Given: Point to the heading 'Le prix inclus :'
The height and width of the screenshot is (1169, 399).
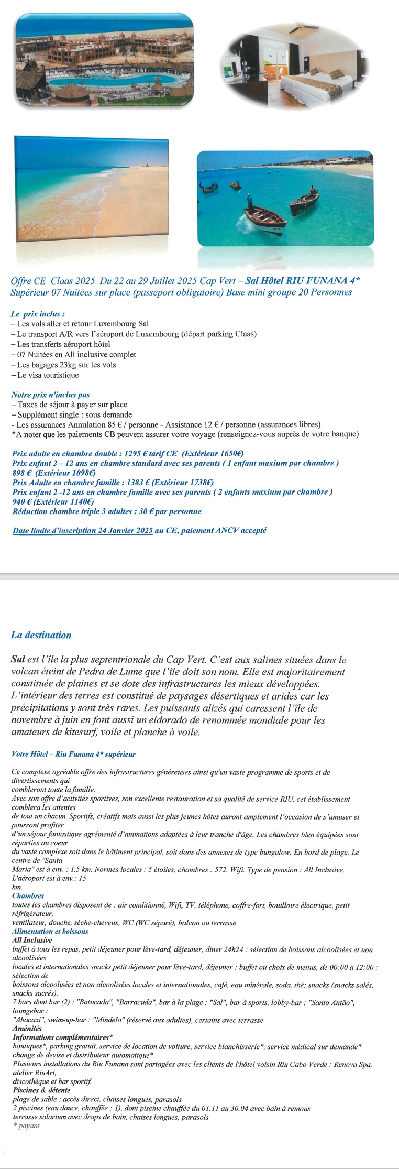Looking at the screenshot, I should [38, 314].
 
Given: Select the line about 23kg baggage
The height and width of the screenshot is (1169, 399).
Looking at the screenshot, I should [63, 365].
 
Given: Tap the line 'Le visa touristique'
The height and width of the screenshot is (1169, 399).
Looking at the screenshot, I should [45, 375].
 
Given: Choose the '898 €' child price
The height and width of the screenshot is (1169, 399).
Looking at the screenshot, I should [21, 473].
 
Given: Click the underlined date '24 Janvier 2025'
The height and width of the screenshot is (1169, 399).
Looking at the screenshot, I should [126, 530].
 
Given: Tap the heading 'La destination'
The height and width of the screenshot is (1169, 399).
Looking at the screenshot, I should [41, 635].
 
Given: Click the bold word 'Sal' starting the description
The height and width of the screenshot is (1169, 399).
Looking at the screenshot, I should [18, 660].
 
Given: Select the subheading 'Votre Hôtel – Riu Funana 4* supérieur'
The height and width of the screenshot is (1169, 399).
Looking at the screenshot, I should [73, 754].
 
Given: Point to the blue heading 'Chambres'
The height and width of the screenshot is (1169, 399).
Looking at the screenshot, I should [28, 896].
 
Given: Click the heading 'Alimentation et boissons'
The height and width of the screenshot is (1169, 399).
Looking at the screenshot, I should [50, 931].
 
